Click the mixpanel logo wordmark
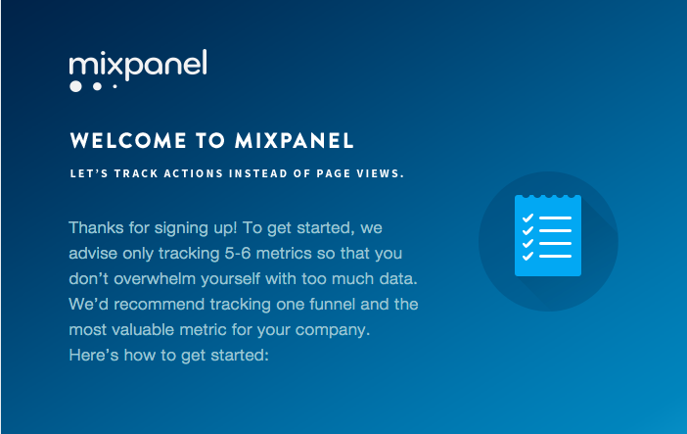click(x=138, y=64)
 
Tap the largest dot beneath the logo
click(x=75, y=86)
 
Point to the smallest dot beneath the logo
click(x=114, y=86)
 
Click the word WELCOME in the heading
click(x=128, y=141)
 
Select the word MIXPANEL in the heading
click(x=294, y=141)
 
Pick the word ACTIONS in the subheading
click(x=193, y=173)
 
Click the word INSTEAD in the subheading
click(x=258, y=173)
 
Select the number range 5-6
click(x=238, y=253)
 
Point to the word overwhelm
click(x=155, y=278)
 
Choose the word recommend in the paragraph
click(x=160, y=304)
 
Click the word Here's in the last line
click(x=93, y=355)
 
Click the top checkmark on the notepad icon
click(x=527, y=217)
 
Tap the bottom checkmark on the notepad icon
click(x=527, y=256)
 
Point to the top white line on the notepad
click(x=555, y=217)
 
